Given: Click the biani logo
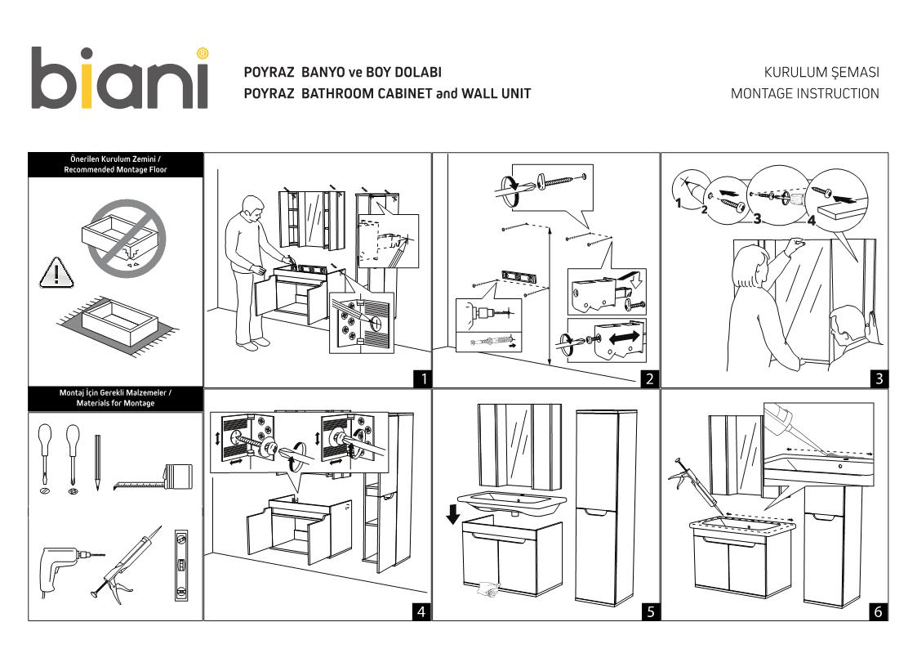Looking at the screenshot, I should pyautogui.click(x=120, y=78).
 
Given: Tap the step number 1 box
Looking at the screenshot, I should pyautogui.click(x=421, y=378).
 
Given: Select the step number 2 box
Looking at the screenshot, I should pyautogui.click(x=650, y=378).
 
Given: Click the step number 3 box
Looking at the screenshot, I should pyautogui.click(x=879, y=378).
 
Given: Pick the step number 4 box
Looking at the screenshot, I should pyautogui.click(x=421, y=611).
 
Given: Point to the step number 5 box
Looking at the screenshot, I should pyautogui.click(x=650, y=611).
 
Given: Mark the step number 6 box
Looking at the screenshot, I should pyautogui.click(x=879, y=611).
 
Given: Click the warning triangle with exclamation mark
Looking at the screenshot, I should pyautogui.click(x=56, y=273).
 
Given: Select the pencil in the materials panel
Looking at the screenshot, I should pyautogui.click(x=97, y=463).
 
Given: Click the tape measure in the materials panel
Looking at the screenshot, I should pyautogui.click(x=155, y=478).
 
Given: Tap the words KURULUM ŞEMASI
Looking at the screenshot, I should pyautogui.click(x=821, y=73).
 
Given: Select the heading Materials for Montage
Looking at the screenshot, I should pyautogui.click(x=115, y=403).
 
